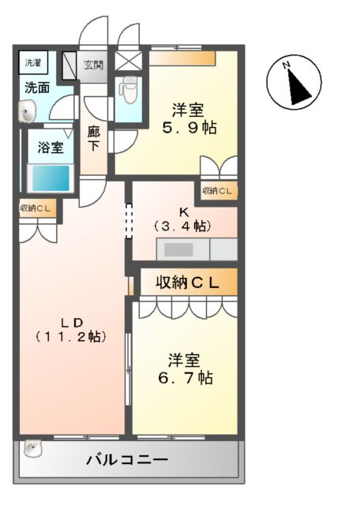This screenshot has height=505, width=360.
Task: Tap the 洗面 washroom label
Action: point(36,88)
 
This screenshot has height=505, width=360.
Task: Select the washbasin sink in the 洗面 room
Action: point(28,113)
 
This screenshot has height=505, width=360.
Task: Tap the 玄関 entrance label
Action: point(93,64)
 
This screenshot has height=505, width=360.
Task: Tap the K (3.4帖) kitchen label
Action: point(183,219)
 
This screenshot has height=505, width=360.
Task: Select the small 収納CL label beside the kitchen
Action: point(217,190)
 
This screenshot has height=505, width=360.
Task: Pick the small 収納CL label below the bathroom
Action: point(36,208)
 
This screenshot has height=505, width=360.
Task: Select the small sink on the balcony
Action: point(32,449)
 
